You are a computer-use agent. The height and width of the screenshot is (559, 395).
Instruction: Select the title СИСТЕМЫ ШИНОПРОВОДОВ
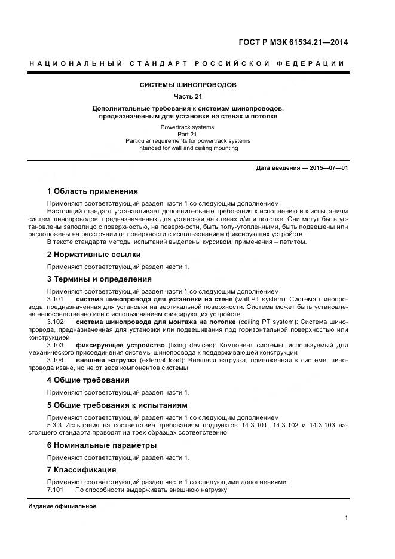pos(188,85)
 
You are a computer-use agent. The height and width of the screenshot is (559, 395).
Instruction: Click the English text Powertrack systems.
pos(188,128)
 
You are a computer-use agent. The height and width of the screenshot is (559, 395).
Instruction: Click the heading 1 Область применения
pos(92,191)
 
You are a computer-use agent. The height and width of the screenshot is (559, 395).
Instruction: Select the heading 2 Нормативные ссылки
pos(94,255)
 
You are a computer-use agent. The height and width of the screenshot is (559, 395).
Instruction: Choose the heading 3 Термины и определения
pos(99,279)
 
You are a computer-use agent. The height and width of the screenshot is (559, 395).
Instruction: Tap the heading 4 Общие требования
pos(88,380)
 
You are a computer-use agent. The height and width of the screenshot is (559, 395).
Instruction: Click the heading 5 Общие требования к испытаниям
pos(117,405)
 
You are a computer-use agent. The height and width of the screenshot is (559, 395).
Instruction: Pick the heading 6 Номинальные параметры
pos(102,445)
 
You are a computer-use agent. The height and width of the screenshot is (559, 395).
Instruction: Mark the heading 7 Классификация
pos(81,470)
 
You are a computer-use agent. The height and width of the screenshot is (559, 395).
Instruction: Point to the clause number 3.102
pos(55,322)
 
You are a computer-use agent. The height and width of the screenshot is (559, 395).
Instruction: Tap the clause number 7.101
pos(55,490)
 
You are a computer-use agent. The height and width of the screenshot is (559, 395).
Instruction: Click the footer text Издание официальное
pos(62,506)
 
